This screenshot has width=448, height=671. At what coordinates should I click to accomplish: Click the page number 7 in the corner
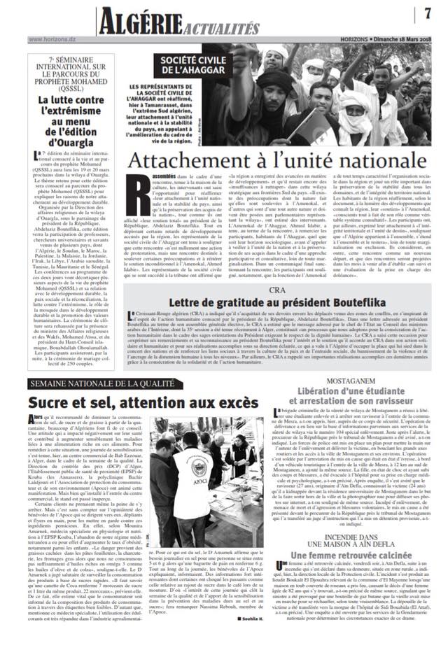pyautogui.click(x=426, y=13)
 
